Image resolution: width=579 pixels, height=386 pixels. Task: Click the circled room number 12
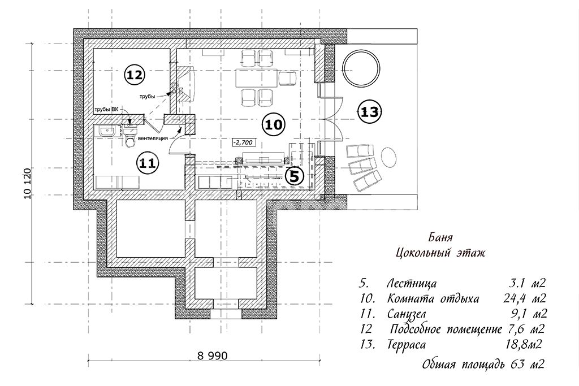(x=134, y=75)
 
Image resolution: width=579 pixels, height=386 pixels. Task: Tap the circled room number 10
(x=274, y=125)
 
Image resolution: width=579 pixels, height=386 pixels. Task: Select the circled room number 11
(x=148, y=163)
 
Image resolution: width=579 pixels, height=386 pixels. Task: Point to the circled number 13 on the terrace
(x=369, y=111)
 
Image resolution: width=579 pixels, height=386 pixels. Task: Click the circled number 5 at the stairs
(x=294, y=176)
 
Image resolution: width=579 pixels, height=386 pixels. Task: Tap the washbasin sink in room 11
(x=108, y=131)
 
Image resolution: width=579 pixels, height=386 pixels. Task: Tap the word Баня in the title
(x=440, y=237)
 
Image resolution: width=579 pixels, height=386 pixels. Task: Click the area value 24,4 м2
(x=524, y=298)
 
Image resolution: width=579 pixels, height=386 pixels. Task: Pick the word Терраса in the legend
(x=406, y=345)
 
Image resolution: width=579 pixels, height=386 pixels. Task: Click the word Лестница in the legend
(x=412, y=283)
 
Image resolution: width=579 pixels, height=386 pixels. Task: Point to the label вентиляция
(x=153, y=138)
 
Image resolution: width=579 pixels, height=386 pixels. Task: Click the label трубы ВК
(x=106, y=110)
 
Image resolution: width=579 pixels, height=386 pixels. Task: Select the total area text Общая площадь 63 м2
(x=483, y=365)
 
